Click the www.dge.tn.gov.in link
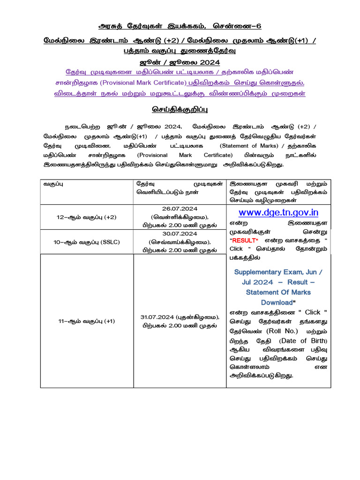(278, 212)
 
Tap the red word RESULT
(244, 240)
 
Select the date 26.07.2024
(180, 209)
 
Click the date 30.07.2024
(180, 233)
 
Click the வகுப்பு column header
(54, 184)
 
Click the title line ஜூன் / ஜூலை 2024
(180, 62)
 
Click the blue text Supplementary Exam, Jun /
(278, 272)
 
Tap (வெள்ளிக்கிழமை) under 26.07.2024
(180, 217)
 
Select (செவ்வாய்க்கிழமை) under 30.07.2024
(180, 242)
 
